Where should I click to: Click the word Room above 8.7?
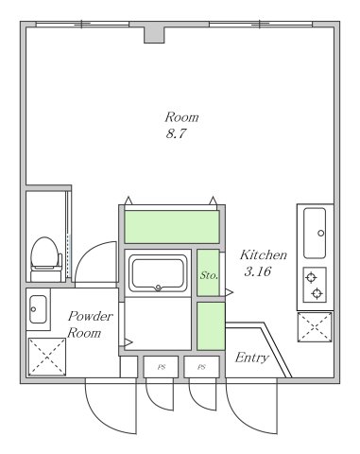(x=181, y=117)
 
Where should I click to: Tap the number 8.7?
(x=176, y=133)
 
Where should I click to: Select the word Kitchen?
(x=264, y=254)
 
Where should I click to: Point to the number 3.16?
(x=258, y=271)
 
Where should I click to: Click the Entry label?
(x=251, y=358)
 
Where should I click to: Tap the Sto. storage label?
(x=209, y=275)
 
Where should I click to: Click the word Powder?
(x=91, y=316)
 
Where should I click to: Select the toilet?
(x=46, y=259)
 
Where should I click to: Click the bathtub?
(x=158, y=273)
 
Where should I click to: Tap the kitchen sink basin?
(x=315, y=233)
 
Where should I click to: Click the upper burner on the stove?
(x=311, y=278)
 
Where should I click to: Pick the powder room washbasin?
(x=38, y=309)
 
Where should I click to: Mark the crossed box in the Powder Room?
(x=47, y=357)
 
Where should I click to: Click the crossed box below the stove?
(x=315, y=326)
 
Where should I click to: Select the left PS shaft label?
(x=162, y=367)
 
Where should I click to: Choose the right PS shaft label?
(x=201, y=367)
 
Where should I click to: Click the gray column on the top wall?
(x=154, y=35)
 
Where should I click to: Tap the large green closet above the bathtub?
(x=172, y=227)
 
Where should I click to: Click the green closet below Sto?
(x=211, y=326)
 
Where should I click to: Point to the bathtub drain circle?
(x=158, y=288)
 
